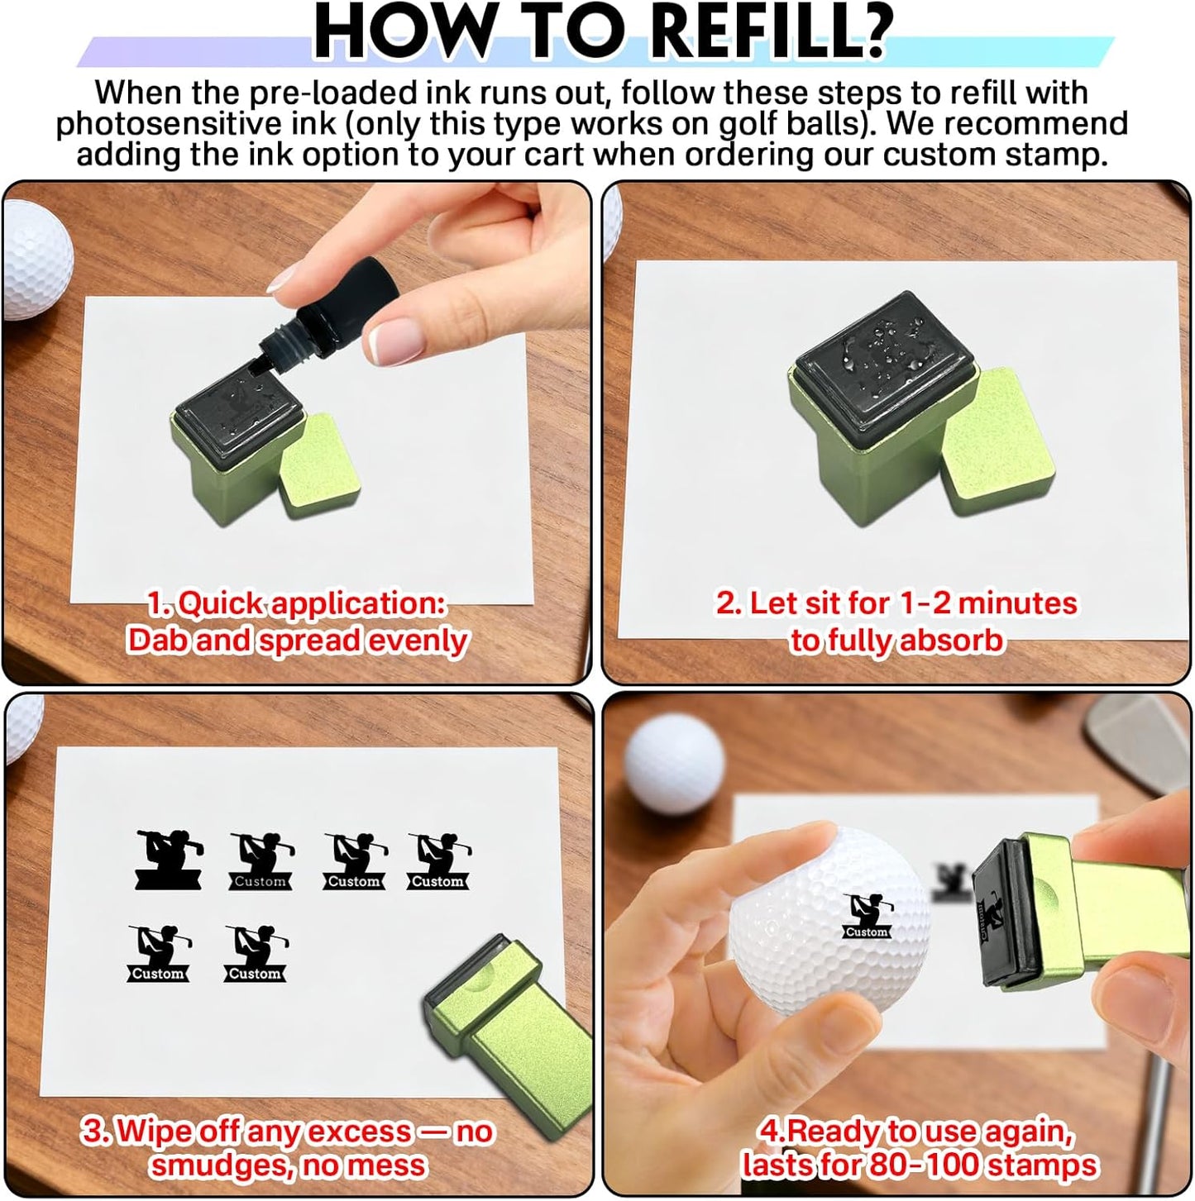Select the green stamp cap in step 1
click(322, 464)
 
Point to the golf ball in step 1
click(36, 258)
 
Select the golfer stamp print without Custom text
click(169, 860)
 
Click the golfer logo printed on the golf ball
click(868, 916)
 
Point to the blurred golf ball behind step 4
click(674, 764)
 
